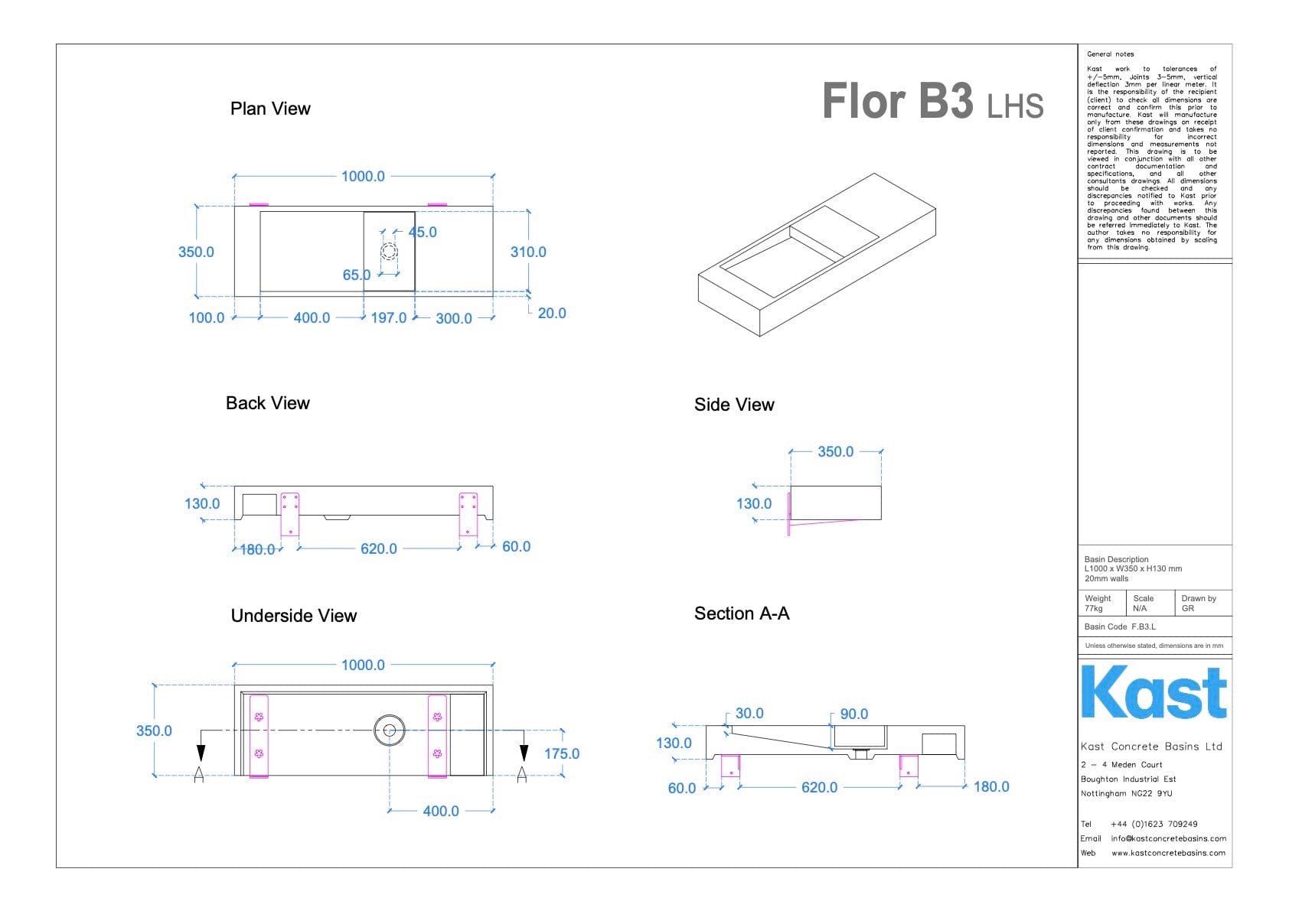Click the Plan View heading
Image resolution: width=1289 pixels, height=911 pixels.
[270, 109]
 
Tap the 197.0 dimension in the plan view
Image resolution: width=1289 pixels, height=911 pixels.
[388, 318]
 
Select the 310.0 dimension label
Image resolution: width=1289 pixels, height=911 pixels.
[528, 252]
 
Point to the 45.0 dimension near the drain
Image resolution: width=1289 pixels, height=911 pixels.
[423, 233]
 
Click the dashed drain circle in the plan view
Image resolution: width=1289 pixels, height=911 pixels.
[390, 252]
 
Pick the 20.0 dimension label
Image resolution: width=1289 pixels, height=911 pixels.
[552, 314]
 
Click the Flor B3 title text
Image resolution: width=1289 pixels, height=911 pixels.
[897, 101]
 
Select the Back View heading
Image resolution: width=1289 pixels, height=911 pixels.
[268, 403]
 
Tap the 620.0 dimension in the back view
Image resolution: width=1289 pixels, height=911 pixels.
[379, 549]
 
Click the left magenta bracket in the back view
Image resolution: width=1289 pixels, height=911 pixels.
[289, 513]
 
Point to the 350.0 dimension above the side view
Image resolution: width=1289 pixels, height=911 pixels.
[835, 452]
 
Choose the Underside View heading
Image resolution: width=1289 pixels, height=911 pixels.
[294, 616]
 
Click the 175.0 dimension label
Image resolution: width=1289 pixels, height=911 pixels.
[562, 754]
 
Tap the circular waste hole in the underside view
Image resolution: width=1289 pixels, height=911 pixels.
[390, 730]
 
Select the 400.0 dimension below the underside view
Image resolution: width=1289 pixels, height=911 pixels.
[441, 812]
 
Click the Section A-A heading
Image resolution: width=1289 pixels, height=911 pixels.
[742, 613]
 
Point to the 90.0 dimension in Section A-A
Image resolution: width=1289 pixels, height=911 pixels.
[854, 714]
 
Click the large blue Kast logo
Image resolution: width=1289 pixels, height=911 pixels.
[1154, 692]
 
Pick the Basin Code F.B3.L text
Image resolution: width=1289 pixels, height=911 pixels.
[1120, 627]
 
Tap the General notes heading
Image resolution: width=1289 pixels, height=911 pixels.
[1111, 54]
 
